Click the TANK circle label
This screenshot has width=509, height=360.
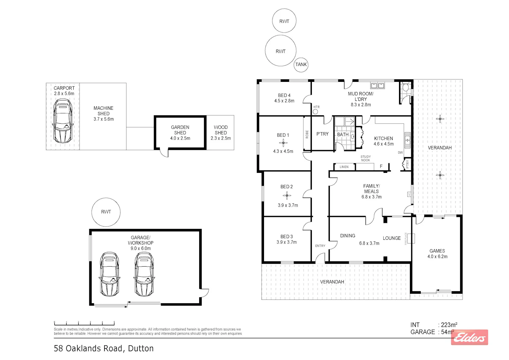tap(301, 65)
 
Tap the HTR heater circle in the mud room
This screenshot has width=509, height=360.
tap(315, 112)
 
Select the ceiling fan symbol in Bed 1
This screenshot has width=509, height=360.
tap(283, 143)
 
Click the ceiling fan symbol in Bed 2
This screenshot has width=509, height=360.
tap(287, 195)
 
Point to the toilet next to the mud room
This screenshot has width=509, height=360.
tap(406, 87)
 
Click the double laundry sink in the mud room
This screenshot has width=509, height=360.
tap(377, 86)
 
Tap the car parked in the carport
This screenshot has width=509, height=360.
tap(63, 121)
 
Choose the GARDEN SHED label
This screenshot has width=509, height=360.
tap(180, 130)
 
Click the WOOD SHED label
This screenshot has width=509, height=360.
tap(221, 130)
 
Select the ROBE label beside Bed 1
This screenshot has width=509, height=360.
tap(307, 134)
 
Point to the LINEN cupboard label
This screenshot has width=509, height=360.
tap(344, 167)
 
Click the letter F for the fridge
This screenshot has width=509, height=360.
tap(381, 166)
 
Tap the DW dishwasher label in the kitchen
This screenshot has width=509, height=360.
tap(400, 152)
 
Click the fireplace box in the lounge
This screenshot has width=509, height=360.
tap(411, 238)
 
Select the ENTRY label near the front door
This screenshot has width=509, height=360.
tap(320, 246)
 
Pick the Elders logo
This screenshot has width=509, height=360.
tap(469, 337)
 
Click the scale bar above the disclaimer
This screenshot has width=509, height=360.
tap(84, 324)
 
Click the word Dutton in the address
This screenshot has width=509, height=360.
tap(141, 348)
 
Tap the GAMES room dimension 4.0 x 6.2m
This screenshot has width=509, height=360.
tap(437, 256)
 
